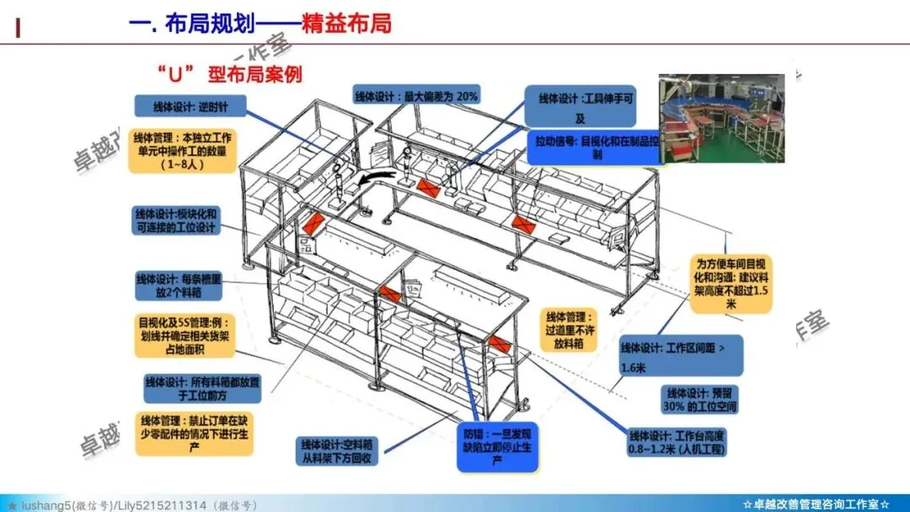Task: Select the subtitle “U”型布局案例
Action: pos(228,73)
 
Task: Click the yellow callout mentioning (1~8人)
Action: pos(182,151)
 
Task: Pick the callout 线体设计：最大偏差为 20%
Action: pos(418,96)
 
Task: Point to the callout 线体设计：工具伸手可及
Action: pos(580,107)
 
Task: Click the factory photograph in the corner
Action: pos(721,118)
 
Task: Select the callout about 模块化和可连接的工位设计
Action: pos(175,221)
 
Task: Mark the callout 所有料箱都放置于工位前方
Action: pos(202,388)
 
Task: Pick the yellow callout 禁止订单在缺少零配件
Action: pos(195,433)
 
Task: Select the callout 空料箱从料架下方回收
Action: pos(338,451)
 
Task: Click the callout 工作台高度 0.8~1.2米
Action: pos(677,443)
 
